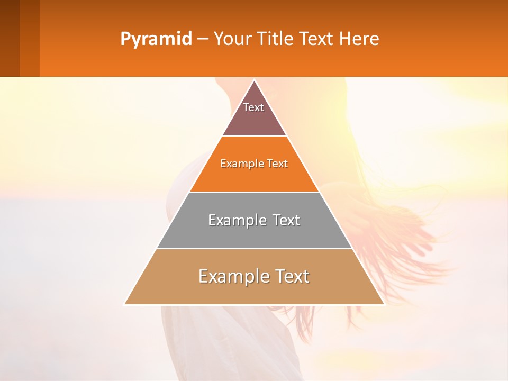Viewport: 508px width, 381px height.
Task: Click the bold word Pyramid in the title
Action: (156, 39)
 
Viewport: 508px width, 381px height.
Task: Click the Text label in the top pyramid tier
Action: (253, 107)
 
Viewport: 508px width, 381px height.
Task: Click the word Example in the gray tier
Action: (235, 220)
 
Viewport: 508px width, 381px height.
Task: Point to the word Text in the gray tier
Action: (286, 220)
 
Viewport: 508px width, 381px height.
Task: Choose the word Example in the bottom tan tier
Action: (230, 276)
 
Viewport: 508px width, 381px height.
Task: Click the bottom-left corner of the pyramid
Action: (124, 304)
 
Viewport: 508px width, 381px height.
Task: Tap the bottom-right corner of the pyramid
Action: (384, 304)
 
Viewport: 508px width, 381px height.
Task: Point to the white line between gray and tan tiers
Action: (254, 248)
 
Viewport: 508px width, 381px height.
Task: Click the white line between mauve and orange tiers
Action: (254, 136)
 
